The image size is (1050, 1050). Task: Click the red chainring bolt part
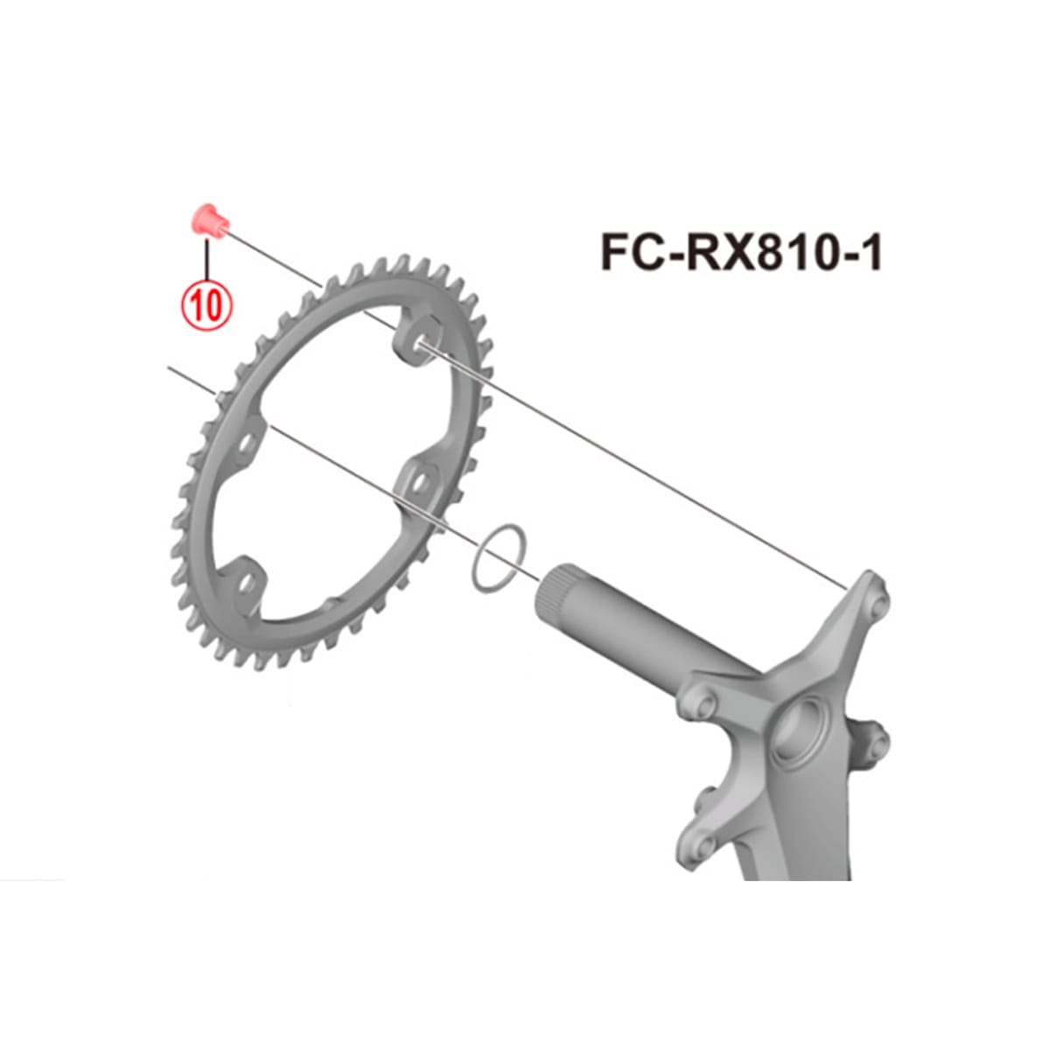coord(209,220)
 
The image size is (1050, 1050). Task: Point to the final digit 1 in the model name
coord(870,253)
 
